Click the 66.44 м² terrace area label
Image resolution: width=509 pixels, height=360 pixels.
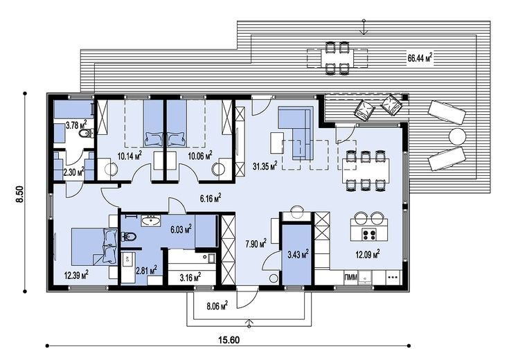point(420,58)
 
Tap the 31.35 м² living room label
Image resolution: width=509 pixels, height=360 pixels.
point(265,166)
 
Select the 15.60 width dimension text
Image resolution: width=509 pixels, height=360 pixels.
point(229,340)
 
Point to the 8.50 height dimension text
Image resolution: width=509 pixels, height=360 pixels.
point(20,194)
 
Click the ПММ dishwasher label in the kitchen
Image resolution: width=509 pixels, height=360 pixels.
point(350,277)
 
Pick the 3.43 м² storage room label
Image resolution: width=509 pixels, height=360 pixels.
point(298,254)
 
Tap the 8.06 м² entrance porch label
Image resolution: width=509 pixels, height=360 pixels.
point(217,305)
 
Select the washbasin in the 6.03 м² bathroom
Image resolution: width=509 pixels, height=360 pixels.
point(151,221)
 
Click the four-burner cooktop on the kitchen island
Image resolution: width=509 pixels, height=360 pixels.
point(369,235)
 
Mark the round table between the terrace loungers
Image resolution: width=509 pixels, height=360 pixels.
point(457,136)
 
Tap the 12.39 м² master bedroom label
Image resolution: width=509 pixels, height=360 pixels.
point(76,276)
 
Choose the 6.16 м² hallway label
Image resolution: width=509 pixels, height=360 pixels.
point(211,198)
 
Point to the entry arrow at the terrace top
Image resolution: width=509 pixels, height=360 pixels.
point(364,27)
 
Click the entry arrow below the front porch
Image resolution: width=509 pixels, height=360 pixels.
point(249,323)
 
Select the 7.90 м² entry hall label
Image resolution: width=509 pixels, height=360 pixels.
point(256,243)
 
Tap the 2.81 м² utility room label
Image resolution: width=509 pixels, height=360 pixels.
point(146,270)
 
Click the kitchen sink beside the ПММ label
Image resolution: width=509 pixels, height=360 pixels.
point(366,278)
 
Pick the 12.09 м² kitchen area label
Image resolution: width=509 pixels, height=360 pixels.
point(368,254)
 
